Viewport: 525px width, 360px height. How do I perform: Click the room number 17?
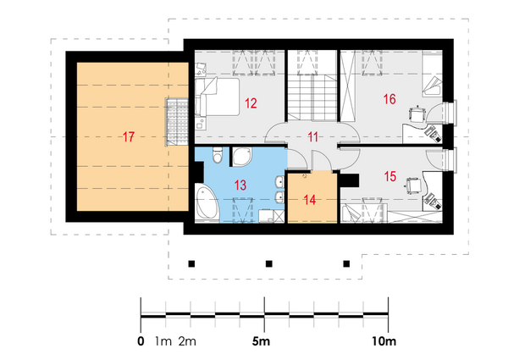129,137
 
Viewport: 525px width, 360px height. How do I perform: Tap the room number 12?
251,103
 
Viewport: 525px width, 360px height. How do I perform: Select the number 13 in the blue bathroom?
240,185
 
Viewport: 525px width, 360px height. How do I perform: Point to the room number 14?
310,200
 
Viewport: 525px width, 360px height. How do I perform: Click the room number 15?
390,176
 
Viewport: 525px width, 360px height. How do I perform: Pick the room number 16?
390,99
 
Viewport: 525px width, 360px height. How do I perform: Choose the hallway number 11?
312,137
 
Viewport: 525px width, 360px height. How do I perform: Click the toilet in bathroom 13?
218,154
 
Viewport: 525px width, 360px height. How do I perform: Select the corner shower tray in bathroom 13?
241,157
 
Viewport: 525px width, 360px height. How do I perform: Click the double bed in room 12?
218,97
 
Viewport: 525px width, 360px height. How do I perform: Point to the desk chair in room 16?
417,114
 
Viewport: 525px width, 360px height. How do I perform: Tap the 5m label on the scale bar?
261,341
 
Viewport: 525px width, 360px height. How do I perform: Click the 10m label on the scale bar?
384,341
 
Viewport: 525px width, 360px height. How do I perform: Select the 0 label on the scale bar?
141,341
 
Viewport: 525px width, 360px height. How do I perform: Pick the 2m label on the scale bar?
187,341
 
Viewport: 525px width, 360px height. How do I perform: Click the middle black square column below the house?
269,264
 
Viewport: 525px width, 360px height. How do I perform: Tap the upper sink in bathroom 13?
279,182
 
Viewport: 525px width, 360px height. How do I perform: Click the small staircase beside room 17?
177,122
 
